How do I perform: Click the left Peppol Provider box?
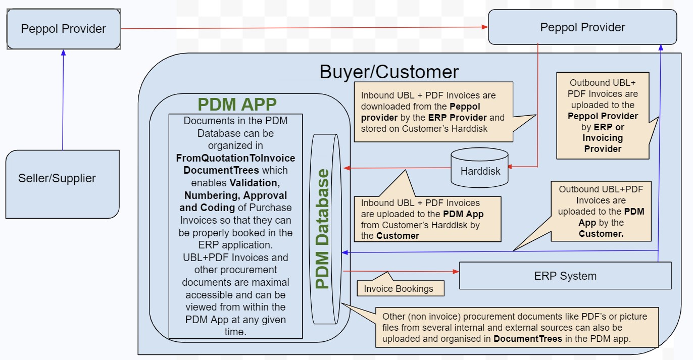pos(64,29)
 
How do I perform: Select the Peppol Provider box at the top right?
pos(582,27)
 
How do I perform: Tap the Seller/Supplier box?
pos(57,178)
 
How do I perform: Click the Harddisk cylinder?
pos(480,170)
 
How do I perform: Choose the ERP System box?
pos(565,276)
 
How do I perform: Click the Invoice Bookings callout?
pos(399,289)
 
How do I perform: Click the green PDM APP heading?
pos(237,104)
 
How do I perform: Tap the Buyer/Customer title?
pos(389,72)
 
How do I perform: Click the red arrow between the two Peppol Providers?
pos(303,28)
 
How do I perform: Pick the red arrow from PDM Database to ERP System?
pos(402,272)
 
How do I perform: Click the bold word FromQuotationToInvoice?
pos(235,158)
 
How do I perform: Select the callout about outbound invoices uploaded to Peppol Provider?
pos(603,116)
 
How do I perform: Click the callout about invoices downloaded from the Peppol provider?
pos(433,112)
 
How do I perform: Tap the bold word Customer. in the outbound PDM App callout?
pos(601,234)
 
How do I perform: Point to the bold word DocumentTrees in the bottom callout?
pos(527,339)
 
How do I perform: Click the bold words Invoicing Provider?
pos(603,143)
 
